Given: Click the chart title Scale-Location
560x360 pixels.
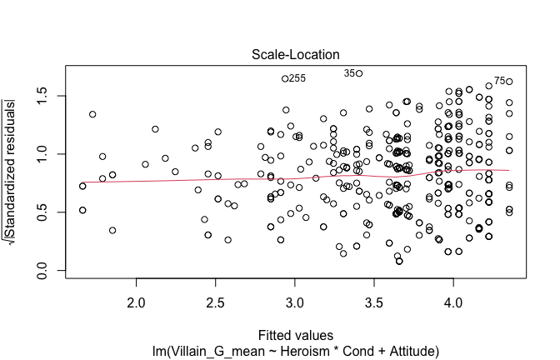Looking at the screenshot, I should [x=289, y=55].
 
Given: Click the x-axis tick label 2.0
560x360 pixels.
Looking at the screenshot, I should [x=137, y=298].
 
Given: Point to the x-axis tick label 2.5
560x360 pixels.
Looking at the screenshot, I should [x=216, y=298].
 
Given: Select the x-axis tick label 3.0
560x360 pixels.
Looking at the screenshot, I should [x=295, y=298].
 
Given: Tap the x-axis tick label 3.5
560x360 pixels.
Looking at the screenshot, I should [x=374, y=298].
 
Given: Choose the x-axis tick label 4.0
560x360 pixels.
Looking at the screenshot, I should [x=453, y=298].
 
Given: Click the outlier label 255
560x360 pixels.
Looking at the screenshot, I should [x=297, y=78].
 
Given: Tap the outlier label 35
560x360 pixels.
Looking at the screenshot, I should [x=348, y=73].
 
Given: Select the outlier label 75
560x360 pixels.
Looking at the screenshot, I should [x=499, y=81].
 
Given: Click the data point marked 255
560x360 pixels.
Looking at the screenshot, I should [x=285, y=78].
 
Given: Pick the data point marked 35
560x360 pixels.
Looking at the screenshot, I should [x=359, y=73].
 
